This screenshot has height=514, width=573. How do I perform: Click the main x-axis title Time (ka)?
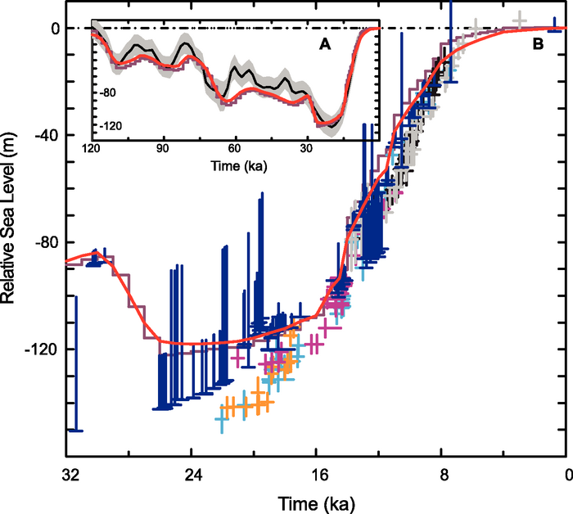[315, 500]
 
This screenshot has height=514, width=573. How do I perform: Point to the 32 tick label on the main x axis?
[68, 472]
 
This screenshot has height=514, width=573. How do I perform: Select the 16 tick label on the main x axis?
[317, 472]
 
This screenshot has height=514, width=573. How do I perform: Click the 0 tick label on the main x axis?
[566, 472]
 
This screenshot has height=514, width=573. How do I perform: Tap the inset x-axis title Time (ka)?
[234, 165]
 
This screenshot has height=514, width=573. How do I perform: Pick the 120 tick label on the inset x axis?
[92, 150]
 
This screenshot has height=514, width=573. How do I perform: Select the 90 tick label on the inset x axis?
[163, 150]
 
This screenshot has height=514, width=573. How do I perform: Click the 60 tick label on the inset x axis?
[235, 150]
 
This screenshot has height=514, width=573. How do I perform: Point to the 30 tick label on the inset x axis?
[306, 150]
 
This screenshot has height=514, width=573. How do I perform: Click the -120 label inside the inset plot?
[111, 127]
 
